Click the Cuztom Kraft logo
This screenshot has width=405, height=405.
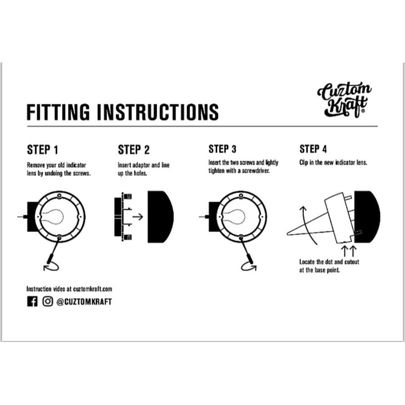point(344,99)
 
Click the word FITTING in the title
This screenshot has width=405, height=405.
point(58,112)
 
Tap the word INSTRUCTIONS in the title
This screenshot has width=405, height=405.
point(158,112)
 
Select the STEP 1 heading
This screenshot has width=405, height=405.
point(43,150)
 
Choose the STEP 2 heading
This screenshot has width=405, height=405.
point(134,150)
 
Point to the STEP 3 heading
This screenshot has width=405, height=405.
point(222,149)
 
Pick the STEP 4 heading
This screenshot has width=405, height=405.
point(313,149)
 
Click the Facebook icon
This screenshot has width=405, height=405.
point(32,301)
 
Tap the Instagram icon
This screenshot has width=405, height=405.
point(48,301)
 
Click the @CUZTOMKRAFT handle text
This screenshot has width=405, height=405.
point(84,301)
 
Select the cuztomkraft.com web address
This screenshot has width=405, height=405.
point(92,289)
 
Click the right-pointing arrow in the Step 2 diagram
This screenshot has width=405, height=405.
point(138,216)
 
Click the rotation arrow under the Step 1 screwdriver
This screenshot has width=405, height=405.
point(51,266)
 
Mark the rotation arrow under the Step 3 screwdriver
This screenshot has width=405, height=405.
point(249,266)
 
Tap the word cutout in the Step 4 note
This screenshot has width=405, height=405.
point(352,262)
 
